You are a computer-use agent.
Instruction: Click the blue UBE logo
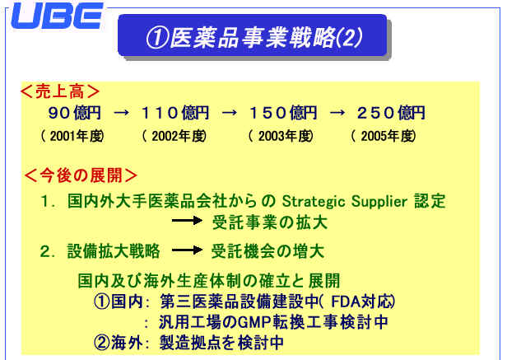tap(58, 16)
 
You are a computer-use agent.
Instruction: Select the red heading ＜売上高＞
tap(59, 91)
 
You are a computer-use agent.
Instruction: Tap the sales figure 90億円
tap(75, 113)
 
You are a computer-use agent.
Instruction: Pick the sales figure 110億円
tap(175, 113)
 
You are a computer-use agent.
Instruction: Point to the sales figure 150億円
tap(284, 113)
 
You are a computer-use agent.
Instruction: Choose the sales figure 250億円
tap(391, 113)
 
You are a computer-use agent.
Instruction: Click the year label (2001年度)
tap(72, 136)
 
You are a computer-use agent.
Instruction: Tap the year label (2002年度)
tap(174, 136)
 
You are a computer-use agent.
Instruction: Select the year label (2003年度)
tap(281, 136)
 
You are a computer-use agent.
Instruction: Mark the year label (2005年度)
tap(384, 136)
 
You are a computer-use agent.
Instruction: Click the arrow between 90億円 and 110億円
tap(122, 113)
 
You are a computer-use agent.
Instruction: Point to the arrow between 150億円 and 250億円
tap(337, 113)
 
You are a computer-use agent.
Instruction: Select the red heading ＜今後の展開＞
tap(81, 175)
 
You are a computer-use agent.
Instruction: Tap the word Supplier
tap(379, 202)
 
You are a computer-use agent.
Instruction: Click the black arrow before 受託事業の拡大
tap(187, 221)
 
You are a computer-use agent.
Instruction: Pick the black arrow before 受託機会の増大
tap(187, 250)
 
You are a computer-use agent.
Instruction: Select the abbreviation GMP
tap(255, 322)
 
